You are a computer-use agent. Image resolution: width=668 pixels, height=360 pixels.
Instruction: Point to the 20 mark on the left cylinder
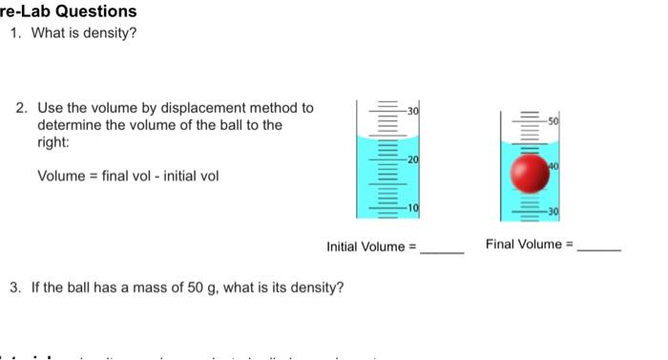[x=413, y=159]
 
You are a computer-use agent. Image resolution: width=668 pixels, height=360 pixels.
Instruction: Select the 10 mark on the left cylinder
[x=413, y=207]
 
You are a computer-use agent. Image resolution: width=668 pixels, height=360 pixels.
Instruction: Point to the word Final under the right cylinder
[x=501, y=244]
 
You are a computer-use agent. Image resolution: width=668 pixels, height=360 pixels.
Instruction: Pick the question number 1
[x=14, y=33]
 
